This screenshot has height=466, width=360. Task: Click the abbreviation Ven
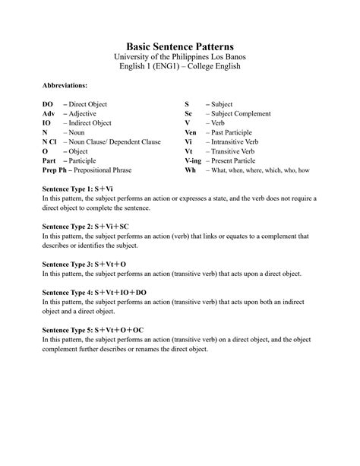pos(191,132)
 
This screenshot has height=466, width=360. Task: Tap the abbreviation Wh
pos(190,170)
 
